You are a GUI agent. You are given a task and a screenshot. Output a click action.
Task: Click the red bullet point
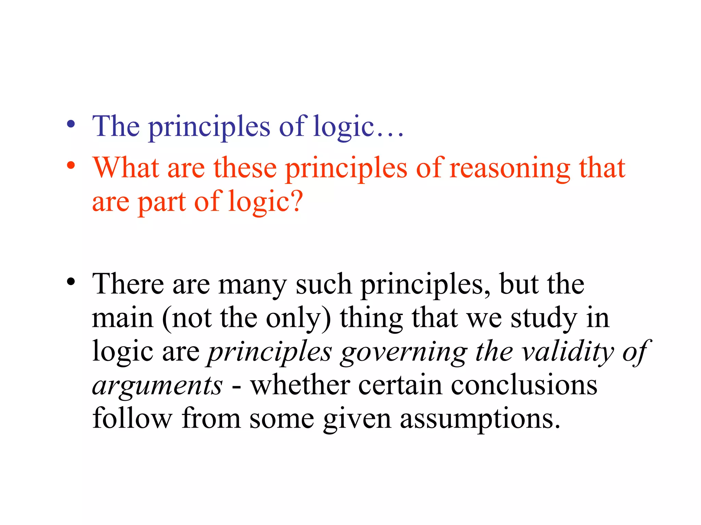click(x=71, y=166)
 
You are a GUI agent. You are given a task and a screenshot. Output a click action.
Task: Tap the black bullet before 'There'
click(x=71, y=282)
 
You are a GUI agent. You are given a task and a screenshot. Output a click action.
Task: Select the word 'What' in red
click(x=126, y=167)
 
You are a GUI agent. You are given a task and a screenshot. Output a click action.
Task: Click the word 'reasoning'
click(x=510, y=168)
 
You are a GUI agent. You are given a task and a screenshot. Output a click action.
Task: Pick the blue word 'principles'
click(x=209, y=127)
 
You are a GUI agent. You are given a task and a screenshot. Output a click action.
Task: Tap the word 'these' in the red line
click(x=245, y=167)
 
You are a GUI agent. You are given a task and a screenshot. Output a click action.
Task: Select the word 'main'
click(x=123, y=318)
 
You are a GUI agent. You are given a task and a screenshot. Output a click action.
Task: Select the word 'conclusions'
click(x=524, y=385)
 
